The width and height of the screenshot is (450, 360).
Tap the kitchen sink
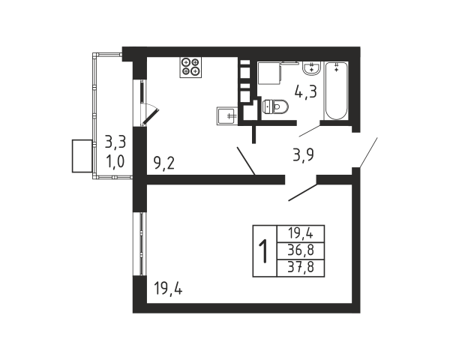click(226, 115)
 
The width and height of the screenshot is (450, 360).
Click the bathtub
click(335, 91)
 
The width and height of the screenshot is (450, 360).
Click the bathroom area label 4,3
click(305, 94)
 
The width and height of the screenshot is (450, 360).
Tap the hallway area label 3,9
click(301, 155)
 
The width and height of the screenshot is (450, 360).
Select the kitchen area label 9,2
click(164, 161)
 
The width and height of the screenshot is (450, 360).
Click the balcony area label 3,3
click(115, 140)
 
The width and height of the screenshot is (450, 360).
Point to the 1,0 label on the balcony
click(115, 160)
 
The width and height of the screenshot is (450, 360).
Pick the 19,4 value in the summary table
click(299, 232)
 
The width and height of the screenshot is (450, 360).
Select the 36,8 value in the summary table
click(299, 250)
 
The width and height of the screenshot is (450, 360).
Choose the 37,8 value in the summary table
click(299, 267)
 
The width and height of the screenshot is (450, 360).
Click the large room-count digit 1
click(264, 250)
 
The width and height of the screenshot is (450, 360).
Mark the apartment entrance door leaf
click(367, 153)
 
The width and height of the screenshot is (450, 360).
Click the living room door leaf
click(302, 191)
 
